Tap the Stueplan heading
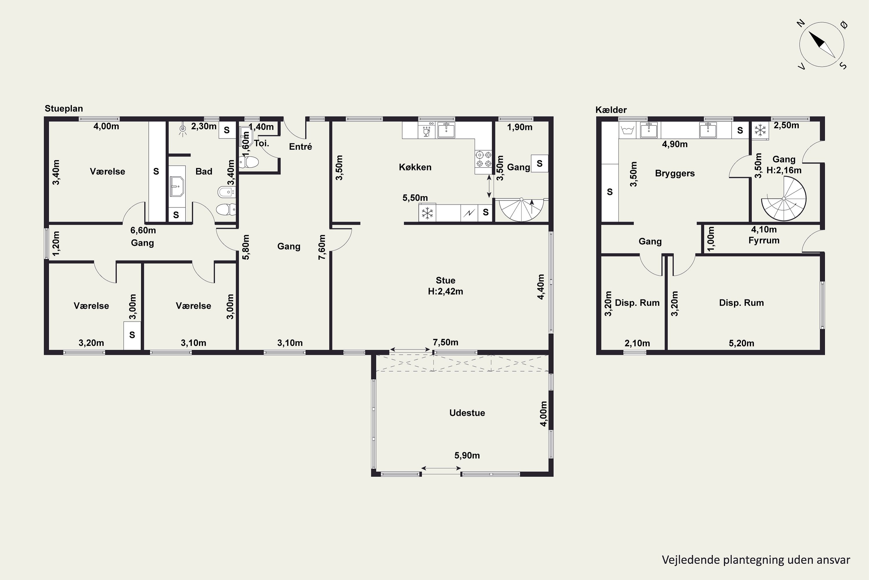[63, 108]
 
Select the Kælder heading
[611, 110]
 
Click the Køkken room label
[415, 167]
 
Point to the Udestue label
[467, 413]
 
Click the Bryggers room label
[675, 173]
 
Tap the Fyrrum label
[764, 240]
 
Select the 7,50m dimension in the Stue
[445, 342]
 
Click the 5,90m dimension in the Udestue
[467, 455]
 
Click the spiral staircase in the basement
[784, 199]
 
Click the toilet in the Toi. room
[249, 162]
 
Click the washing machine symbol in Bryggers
[628, 130]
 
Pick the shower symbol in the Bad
[182, 129]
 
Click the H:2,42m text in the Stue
[445, 291]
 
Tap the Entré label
[300, 147]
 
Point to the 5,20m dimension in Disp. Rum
[741, 343]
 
